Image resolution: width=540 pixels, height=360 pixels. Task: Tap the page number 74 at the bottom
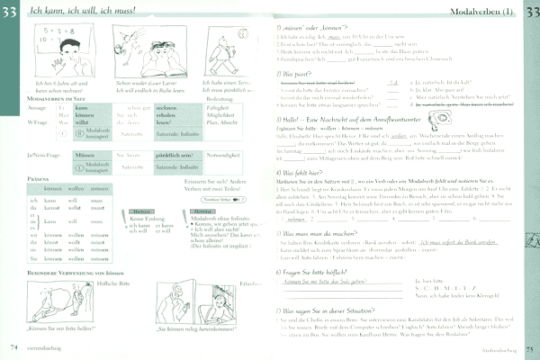(x=13, y=346)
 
